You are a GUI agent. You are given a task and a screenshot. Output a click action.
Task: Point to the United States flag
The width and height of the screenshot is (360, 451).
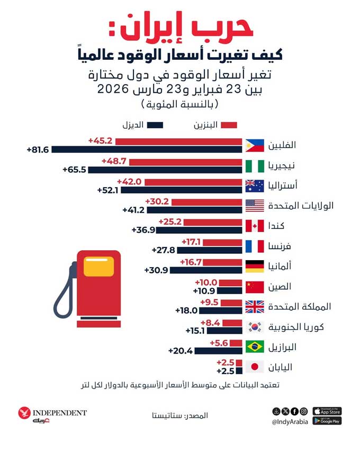coord(255,206)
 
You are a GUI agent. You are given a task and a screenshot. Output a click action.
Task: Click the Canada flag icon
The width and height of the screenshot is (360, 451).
coord(255,226)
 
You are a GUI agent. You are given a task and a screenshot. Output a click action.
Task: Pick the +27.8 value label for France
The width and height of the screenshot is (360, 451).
coord(163,250)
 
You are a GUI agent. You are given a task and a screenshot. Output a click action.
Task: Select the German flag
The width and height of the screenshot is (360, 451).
coord(255,267)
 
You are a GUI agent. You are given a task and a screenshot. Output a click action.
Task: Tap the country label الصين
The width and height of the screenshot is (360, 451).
coord(282,287)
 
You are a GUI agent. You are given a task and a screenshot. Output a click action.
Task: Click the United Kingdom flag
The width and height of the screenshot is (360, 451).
coord(255,307)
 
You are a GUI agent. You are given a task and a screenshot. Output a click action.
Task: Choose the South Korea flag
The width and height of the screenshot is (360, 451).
coord(255,326)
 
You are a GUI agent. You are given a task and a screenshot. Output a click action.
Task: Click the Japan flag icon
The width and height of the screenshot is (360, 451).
coord(255,367)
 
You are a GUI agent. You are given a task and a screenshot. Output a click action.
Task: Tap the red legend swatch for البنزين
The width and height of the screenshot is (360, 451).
coord(229,126)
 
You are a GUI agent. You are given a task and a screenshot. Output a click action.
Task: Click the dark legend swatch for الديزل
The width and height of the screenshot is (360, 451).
coord(156,126)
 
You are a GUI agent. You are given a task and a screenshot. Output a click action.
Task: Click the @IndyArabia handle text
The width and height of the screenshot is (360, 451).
coord(290,422)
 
